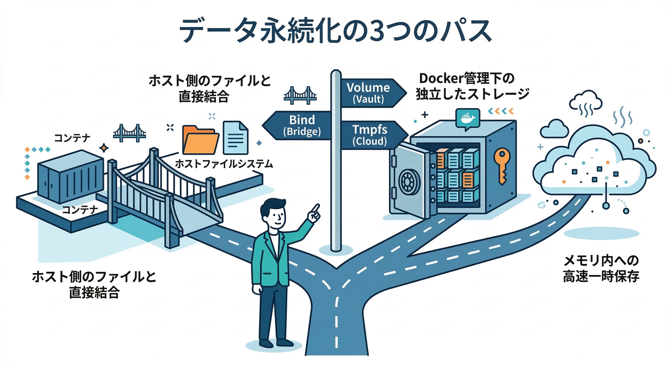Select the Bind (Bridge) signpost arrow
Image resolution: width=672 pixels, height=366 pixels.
click(x=300, y=125)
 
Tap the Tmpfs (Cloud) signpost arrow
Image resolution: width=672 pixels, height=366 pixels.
click(x=370, y=134)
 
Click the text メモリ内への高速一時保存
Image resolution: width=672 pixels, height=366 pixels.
click(x=600, y=268)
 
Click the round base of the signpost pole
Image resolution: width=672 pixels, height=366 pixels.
click(x=336, y=248)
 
